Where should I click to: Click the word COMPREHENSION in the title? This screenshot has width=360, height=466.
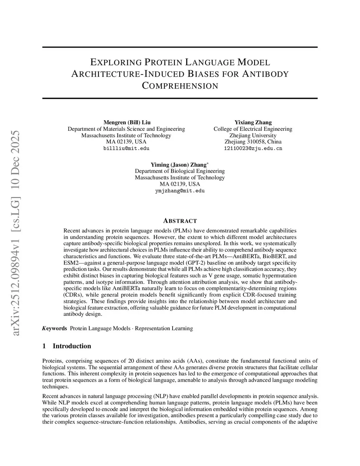point(180,86)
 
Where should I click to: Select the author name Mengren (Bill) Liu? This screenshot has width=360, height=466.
point(127,122)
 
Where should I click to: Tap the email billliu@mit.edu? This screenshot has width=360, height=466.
point(126,148)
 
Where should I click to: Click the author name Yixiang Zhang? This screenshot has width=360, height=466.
point(253,122)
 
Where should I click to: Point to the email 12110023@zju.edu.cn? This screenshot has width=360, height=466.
point(253,148)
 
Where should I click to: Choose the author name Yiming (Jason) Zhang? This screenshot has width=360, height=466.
point(179,165)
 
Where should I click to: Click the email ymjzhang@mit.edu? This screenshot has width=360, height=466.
point(180,191)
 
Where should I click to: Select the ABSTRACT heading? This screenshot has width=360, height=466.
point(180,221)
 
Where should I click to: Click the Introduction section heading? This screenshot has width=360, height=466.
point(72,346)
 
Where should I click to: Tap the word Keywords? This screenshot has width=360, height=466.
point(54,328)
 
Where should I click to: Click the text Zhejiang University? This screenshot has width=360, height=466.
point(253,135)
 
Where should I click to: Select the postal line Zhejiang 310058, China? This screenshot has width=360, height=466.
point(253,142)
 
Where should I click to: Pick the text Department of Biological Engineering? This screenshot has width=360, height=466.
point(180,171)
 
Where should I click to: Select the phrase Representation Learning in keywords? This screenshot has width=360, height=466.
point(164,328)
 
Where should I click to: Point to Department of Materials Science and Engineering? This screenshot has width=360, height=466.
point(126,129)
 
